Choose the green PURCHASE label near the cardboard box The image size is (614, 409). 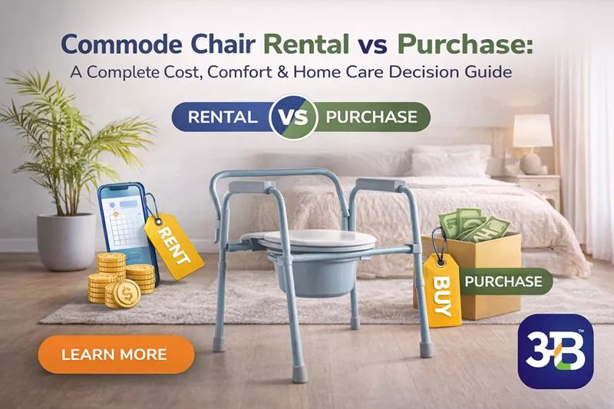pos(503,281)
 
